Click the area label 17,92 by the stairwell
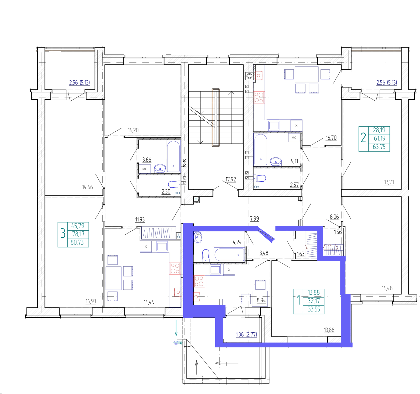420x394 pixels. click(231, 179)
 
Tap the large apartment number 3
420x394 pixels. click(63, 233)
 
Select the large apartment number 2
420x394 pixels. click(363, 137)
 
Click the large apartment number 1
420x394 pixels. click(298, 300)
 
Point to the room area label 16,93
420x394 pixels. click(91, 301)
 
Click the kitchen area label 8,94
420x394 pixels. click(261, 300)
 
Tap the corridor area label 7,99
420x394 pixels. click(254, 219)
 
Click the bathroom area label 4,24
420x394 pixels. click(237, 242)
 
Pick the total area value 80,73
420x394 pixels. click(77, 242)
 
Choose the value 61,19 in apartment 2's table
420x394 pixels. click(380, 138)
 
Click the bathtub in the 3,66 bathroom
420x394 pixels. click(173, 157)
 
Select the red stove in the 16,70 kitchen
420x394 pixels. click(259, 97)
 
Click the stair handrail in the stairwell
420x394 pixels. click(216, 117)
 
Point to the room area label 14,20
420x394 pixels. click(133, 130)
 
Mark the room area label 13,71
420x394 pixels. click(389, 182)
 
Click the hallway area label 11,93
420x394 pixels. click(140, 219)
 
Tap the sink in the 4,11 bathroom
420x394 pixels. click(276, 161)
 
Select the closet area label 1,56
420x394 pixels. click(338, 232)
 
